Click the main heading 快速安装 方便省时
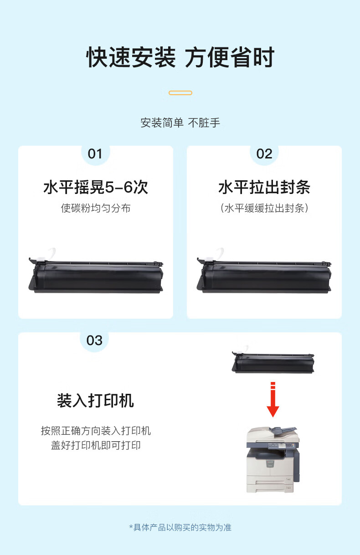tap(180, 57)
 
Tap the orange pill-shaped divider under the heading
tap(180, 93)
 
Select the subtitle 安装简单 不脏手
tap(180, 123)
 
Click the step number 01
tap(95, 154)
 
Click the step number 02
tap(264, 154)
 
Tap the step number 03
tap(94, 341)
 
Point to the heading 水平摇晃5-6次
tap(96, 187)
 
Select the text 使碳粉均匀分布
tap(96, 208)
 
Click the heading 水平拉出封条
tap(264, 187)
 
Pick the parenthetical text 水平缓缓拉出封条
tap(264, 208)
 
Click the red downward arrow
tap(273, 399)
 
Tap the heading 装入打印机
tap(96, 401)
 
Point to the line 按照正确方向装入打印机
tap(96, 431)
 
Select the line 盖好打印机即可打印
tap(96, 445)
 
